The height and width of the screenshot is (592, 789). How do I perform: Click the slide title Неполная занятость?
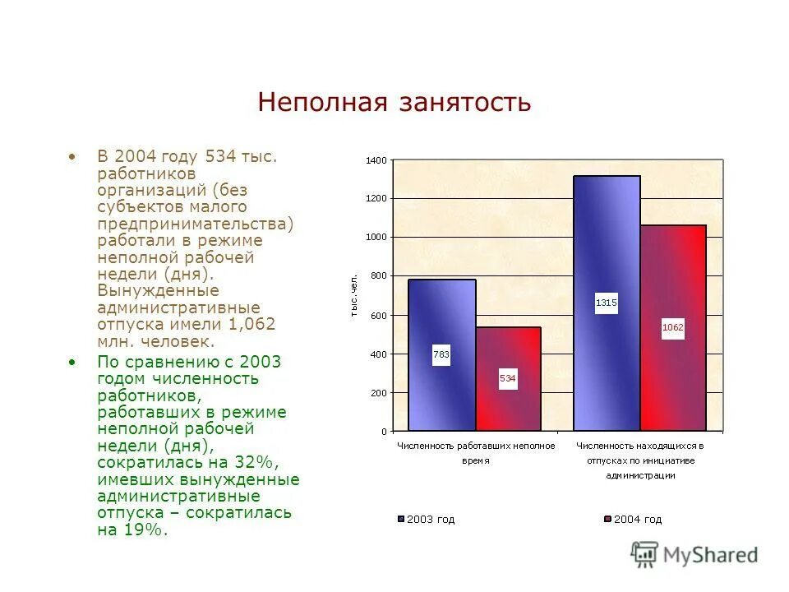click(x=394, y=103)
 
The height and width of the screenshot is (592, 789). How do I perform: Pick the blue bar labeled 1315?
click(x=607, y=247)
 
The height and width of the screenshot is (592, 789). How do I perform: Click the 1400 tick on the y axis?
click(x=376, y=160)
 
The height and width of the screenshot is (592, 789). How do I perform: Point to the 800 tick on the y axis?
click(x=377, y=276)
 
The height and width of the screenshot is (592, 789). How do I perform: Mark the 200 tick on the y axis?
click(x=377, y=393)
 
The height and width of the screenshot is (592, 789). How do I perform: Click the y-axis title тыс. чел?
click(x=353, y=295)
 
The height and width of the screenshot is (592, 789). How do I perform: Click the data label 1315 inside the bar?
click(x=607, y=303)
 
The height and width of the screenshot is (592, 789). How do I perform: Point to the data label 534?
click(x=508, y=379)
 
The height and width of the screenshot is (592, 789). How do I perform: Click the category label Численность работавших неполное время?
click(x=476, y=453)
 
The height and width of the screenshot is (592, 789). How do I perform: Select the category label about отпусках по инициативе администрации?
click(x=640, y=460)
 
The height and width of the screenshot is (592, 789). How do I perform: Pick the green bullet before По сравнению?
click(x=73, y=362)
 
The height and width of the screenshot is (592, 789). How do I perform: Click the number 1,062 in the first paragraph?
click(x=251, y=325)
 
